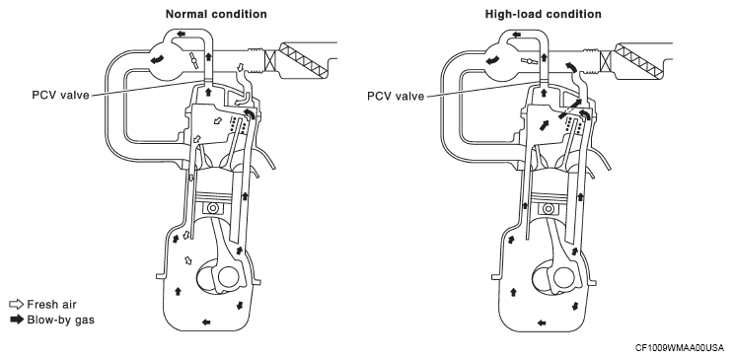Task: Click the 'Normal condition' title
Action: coord(216,14)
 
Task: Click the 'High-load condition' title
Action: coord(544,14)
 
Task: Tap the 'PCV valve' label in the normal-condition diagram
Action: coord(60,96)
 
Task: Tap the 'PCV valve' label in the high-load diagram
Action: coord(396,97)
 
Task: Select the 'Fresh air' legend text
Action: coord(51,305)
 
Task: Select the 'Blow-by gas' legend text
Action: coord(61,320)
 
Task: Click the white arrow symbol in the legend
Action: coord(17,305)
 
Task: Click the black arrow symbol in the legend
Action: coord(17,320)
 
